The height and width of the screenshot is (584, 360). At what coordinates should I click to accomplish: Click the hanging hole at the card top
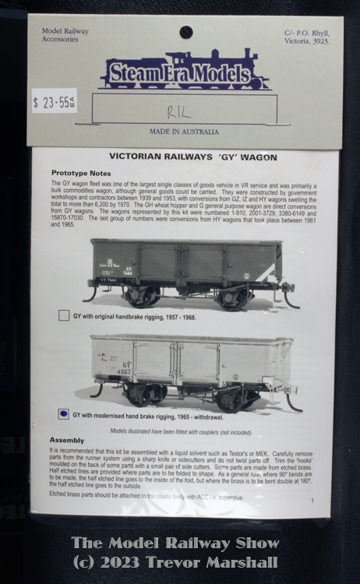pos(185,32)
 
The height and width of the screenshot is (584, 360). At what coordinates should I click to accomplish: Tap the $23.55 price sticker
pos(54,100)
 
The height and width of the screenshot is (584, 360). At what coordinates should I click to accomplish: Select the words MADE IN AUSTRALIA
pos(184,132)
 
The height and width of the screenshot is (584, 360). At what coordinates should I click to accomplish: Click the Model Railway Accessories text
pos(65,37)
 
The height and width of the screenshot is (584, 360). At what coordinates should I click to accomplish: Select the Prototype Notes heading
pos(81,173)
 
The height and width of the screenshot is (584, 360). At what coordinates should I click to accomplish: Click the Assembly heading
pos(66,440)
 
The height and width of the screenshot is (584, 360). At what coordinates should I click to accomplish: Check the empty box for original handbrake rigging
pos(64,316)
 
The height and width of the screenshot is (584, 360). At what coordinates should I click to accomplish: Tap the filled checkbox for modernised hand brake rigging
pos(63,414)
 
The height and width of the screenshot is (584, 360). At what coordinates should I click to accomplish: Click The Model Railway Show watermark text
pos(175,543)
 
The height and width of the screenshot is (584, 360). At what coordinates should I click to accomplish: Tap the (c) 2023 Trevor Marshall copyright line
pos(175,561)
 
